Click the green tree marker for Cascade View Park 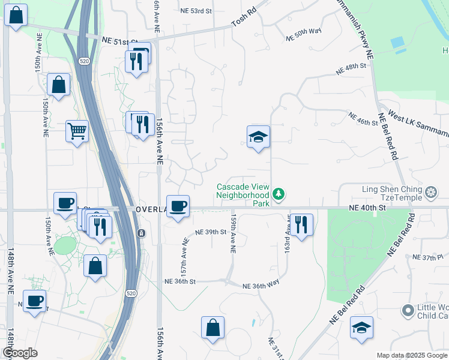tap(278, 194)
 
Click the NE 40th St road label tap(366, 207)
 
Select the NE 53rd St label tap(196, 11)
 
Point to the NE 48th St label tap(351, 71)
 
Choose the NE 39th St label tap(211, 232)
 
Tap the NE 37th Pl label tap(427, 257)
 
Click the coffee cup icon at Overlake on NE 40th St tap(178, 206)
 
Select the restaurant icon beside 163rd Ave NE tap(301, 225)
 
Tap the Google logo tap(20, 353)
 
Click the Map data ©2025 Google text tap(412, 355)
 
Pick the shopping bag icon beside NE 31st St tap(212, 328)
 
